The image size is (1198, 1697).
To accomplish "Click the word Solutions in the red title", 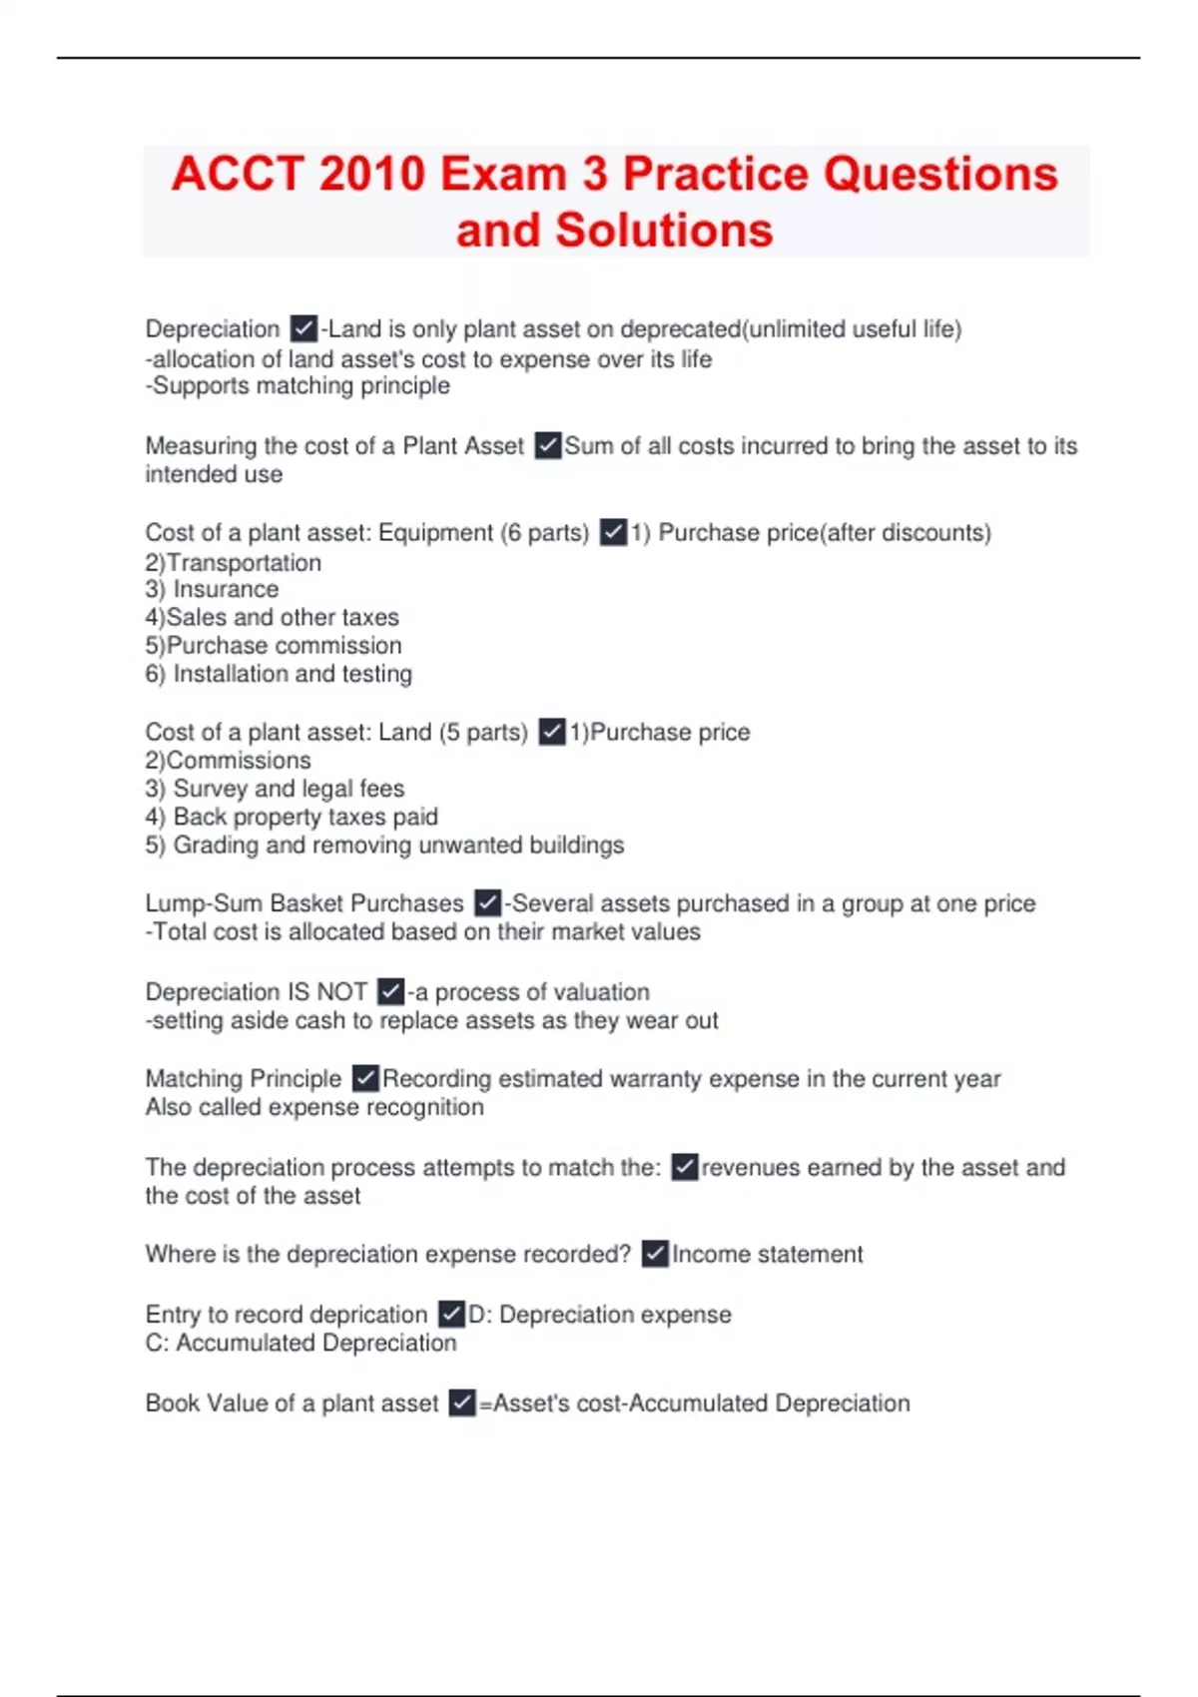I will (664, 230).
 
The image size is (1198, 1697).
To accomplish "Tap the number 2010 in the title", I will (372, 174).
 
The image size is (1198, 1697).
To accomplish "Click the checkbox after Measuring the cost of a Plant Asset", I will (548, 445).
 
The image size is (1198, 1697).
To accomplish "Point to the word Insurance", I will (226, 589).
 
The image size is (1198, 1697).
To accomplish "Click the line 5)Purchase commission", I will (274, 645).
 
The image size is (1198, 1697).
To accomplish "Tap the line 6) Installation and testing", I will (279, 674).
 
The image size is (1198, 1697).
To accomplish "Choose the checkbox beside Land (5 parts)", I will (552, 732).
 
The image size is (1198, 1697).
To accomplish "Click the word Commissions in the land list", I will (239, 760).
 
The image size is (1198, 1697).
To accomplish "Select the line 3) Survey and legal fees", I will (275, 789).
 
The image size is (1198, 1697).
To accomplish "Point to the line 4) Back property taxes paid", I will (292, 817).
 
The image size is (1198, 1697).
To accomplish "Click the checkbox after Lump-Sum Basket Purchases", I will (488, 903).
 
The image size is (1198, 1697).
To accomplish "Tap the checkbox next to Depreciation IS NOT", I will (391, 991).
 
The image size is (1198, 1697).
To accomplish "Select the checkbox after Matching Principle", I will (366, 1079).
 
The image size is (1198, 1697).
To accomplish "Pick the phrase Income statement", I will (767, 1254).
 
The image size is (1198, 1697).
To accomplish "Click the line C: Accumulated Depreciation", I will (300, 1343).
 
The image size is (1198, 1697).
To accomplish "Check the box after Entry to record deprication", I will (452, 1314).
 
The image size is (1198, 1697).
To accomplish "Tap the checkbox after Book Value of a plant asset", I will (462, 1403).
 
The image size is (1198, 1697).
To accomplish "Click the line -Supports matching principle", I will (298, 386).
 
